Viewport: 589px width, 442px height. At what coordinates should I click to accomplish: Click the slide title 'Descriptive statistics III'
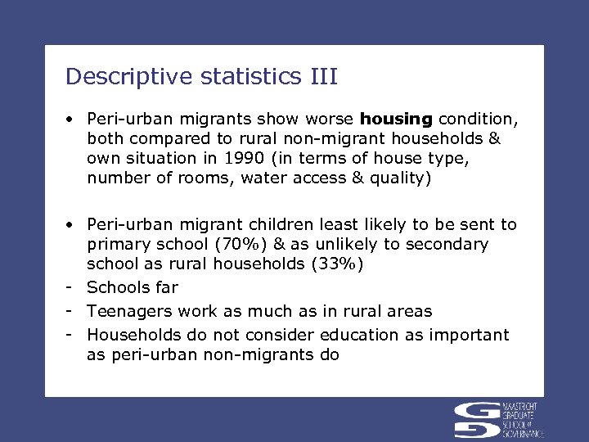pos(201,77)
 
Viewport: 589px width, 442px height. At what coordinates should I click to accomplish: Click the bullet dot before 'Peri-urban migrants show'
pos(72,120)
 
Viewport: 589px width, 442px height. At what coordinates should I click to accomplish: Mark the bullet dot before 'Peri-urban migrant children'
pos(72,225)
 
